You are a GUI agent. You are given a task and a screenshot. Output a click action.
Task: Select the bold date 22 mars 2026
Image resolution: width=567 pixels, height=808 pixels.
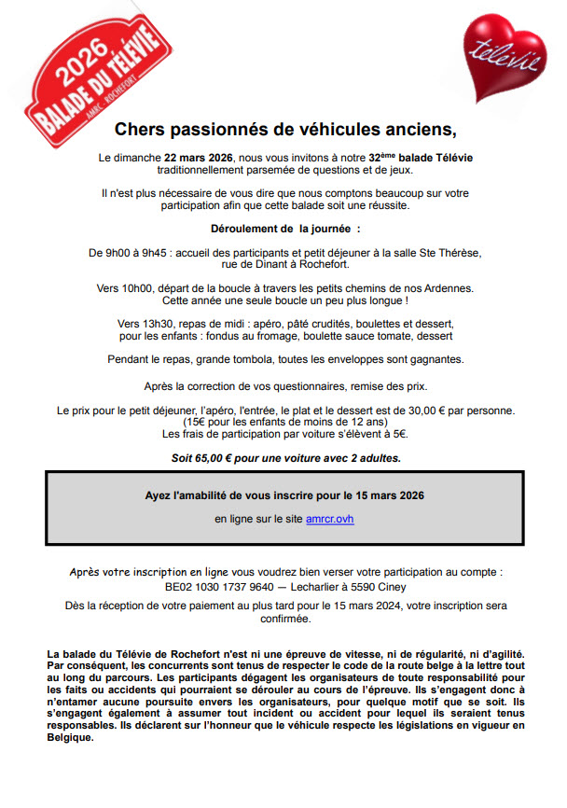[x=199, y=159]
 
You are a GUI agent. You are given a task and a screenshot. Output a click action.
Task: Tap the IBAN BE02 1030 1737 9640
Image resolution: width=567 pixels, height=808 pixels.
[x=220, y=588]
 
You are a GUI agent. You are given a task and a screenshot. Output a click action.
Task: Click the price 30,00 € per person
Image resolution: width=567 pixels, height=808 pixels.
[x=438, y=411]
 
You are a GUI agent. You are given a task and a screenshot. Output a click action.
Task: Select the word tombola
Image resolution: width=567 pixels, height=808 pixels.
[x=256, y=358]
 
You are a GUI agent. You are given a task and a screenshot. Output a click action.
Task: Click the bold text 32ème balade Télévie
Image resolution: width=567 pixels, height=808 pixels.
[x=420, y=159]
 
